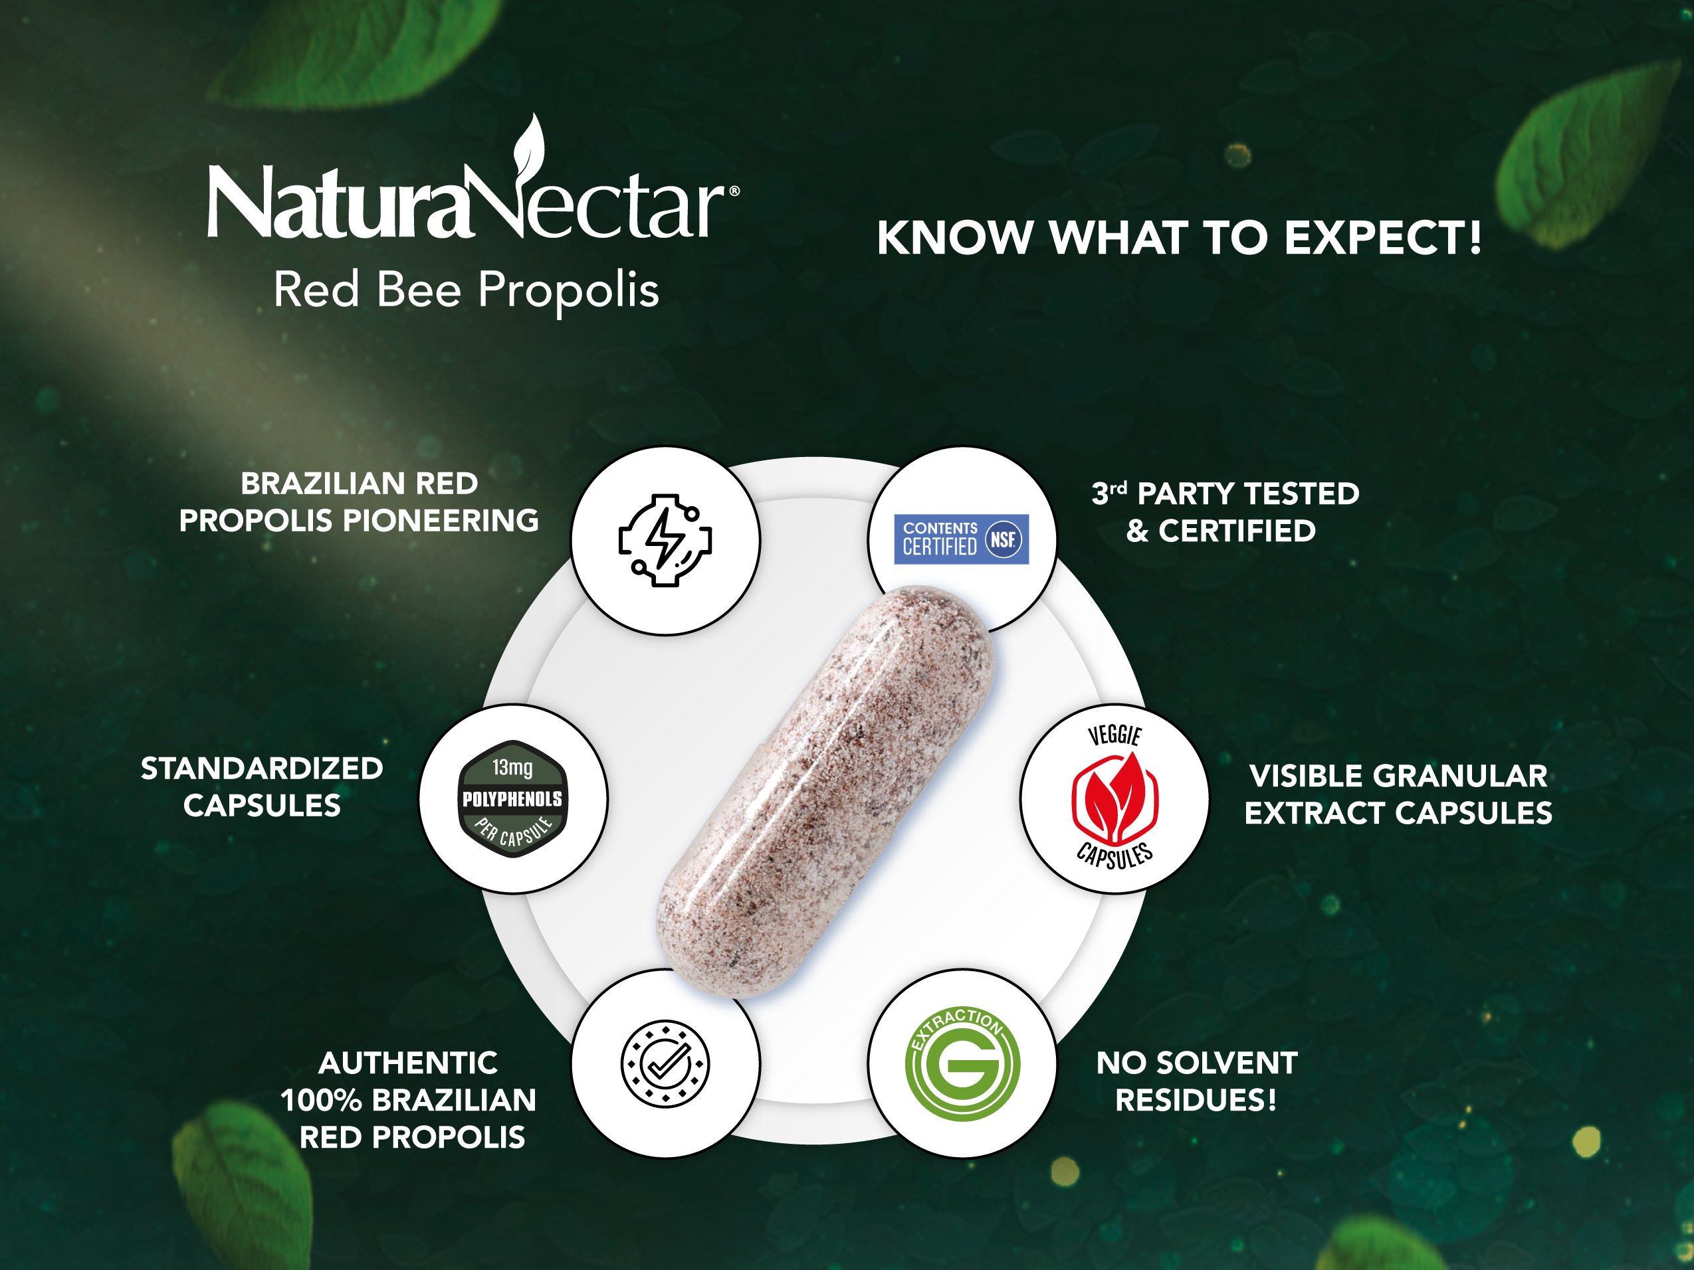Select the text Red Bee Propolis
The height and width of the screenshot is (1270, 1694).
pyautogui.click(x=467, y=290)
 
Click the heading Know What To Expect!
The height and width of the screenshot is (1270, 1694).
pyautogui.click(x=1180, y=237)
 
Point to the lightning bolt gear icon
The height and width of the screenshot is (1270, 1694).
pyautogui.click(x=665, y=541)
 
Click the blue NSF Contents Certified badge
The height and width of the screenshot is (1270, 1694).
pyautogui.click(x=961, y=539)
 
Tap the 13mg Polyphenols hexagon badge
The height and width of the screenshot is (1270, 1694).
pyautogui.click(x=512, y=798)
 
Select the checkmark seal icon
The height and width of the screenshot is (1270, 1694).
pyautogui.click(x=665, y=1063)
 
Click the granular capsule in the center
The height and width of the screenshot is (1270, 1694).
pyautogui.click(x=825, y=792)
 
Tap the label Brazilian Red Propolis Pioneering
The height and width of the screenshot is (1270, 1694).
pyautogui.click(x=359, y=502)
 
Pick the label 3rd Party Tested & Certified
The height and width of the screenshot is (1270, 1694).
pyautogui.click(x=1225, y=511)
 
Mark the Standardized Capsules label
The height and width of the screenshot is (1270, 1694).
pyautogui.click(x=262, y=787)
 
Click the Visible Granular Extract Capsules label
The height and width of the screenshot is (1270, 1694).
pyautogui.click(x=1398, y=794)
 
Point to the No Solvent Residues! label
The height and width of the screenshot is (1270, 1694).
pyautogui.click(x=1196, y=1081)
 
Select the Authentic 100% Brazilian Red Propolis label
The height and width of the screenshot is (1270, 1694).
pyautogui.click(x=409, y=1100)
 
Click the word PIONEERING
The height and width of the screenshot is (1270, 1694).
pyautogui.click(x=441, y=521)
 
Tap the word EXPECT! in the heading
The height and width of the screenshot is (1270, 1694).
pyautogui.click(x=1383, y=237)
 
